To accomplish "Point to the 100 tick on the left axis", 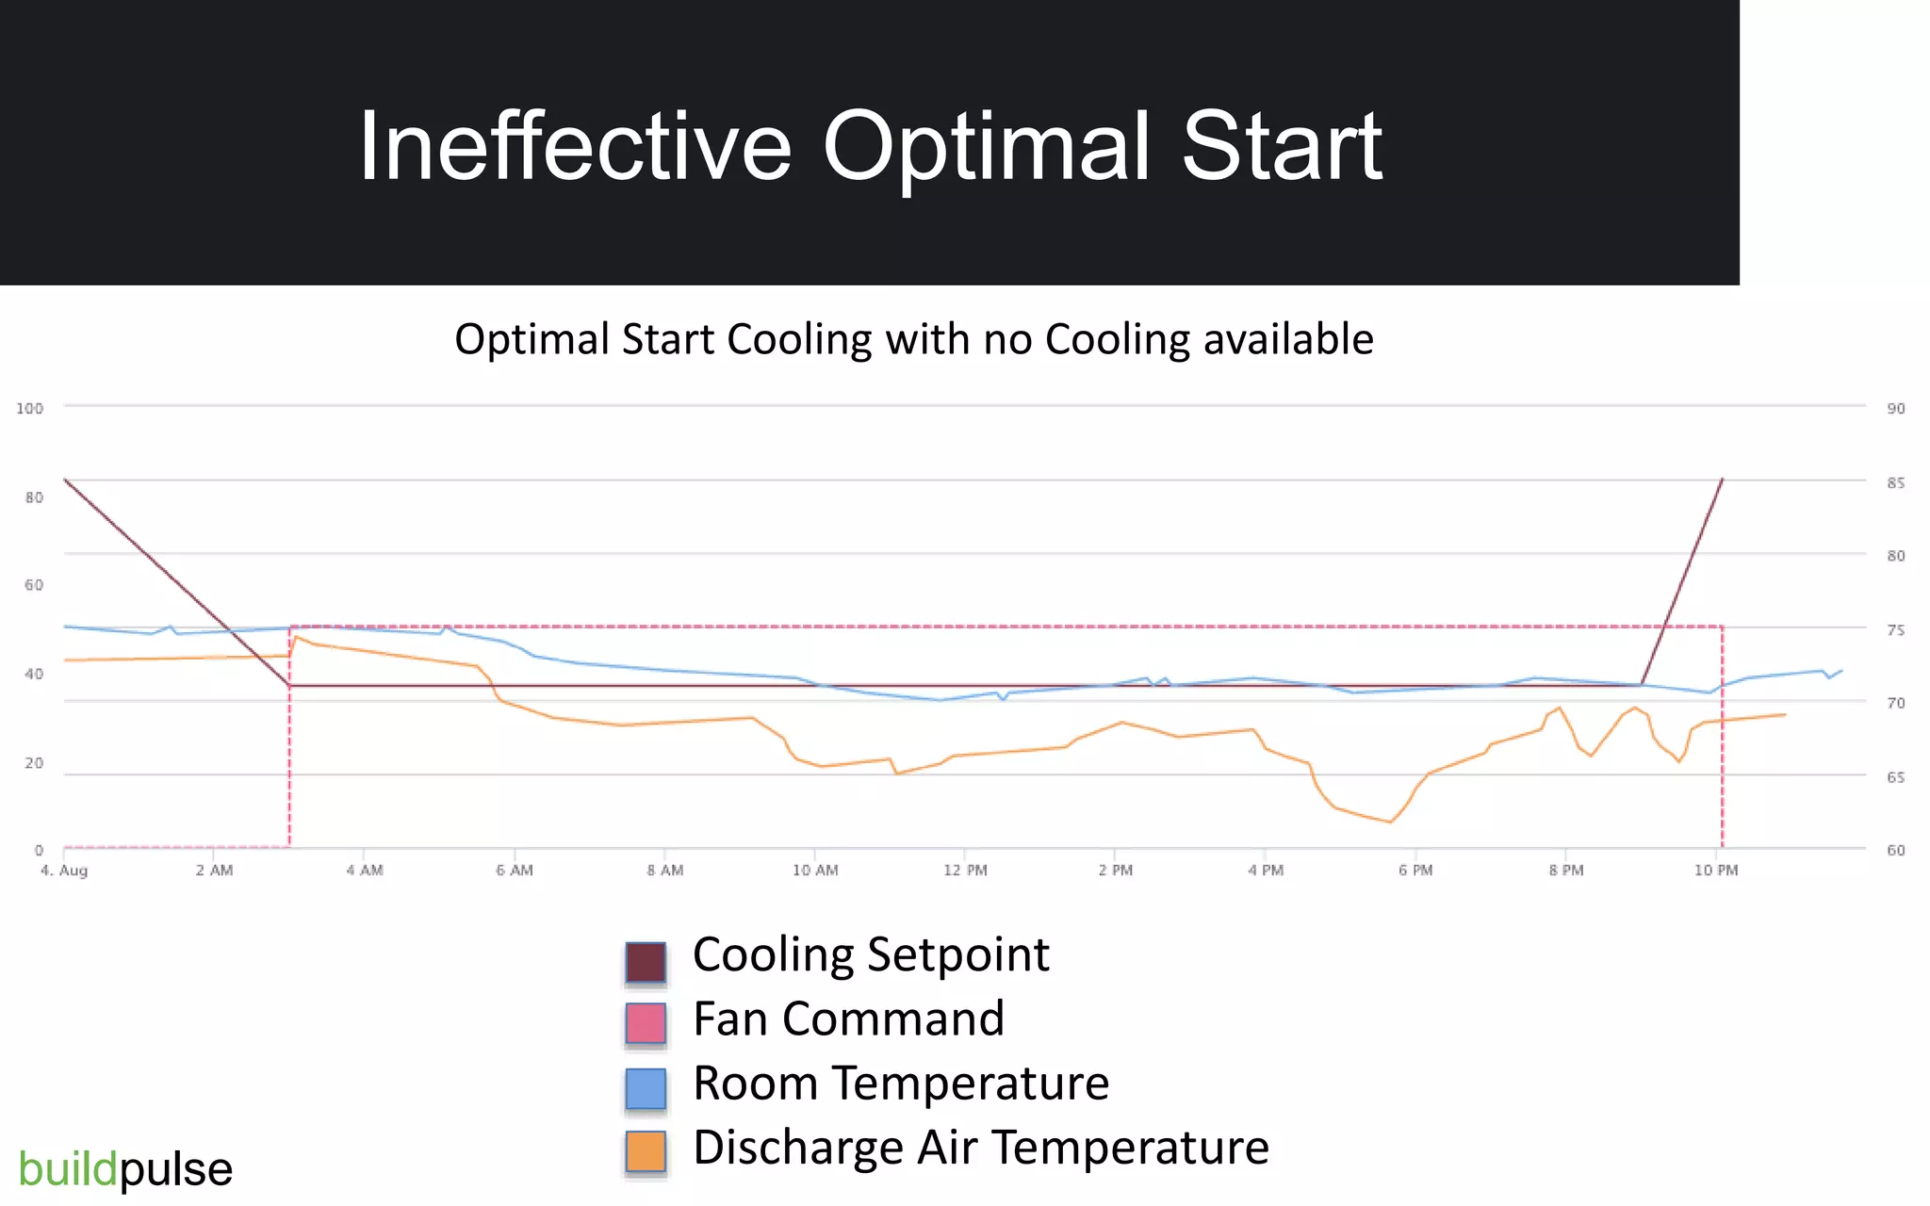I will click(x=29, y=408).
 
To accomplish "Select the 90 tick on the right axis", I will click(x=1895, y=408).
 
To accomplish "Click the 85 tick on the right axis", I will click(x=1895, y=482).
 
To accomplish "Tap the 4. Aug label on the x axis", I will click(x=64, y=870).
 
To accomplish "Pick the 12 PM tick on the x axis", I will click(x=965, y=870).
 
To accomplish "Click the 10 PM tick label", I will click(x=1715, y=870).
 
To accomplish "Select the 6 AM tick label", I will click(x=515, y=870).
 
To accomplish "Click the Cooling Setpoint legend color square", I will click(x=646, y=962).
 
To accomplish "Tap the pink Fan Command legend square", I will click(x=646, y=1023).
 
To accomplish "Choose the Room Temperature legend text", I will click(x=900, y=1083).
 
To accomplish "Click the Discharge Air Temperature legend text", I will click(x=980, y=1147).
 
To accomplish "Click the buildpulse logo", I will click(x=125, y=1169).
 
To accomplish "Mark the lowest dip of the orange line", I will click(x=1389, y=822).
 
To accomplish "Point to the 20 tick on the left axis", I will click(x=34, y=762).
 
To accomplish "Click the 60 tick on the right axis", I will click(x=1895, y=850).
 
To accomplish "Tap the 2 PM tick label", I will click(x=1115, y=870).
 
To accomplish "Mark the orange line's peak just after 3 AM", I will click(x=296, y=637).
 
